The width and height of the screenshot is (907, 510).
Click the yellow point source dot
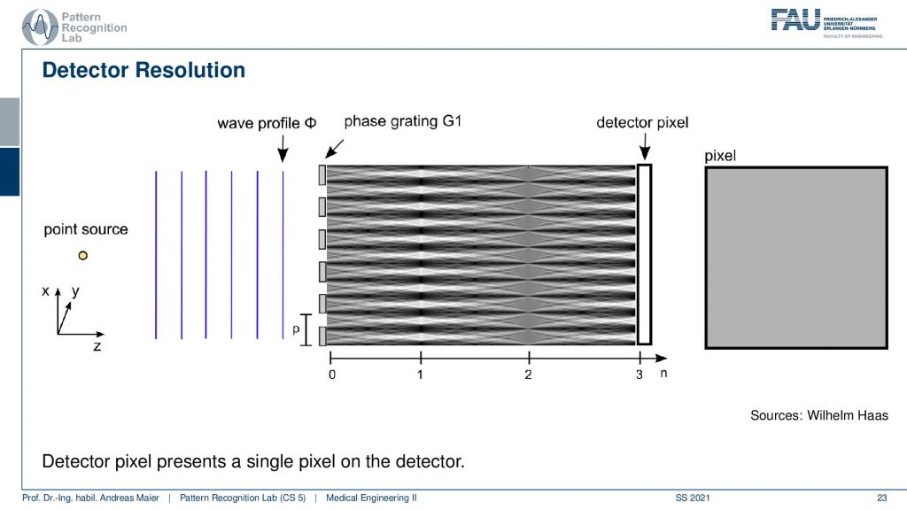(82, 255)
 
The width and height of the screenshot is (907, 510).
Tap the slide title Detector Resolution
(143, 70)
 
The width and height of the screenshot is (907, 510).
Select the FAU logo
(826, 23)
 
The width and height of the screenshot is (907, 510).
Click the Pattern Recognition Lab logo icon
(39, 27)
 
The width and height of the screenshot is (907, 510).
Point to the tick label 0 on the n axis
(332, 375)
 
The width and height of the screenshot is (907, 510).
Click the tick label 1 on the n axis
(420, 375)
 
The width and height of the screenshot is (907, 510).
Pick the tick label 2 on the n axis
(528, 375)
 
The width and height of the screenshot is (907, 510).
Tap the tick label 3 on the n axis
(640, 375)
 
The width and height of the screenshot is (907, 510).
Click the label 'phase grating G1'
(403, 121)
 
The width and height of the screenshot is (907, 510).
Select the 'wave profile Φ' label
(267, 123)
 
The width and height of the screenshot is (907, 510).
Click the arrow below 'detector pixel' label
(645, 146)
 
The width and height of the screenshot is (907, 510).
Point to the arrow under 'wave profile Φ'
(283, 149)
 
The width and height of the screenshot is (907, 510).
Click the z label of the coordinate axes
(97, 346)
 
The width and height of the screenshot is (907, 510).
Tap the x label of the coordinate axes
(46, 291)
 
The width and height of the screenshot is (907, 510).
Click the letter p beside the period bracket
(296, 329)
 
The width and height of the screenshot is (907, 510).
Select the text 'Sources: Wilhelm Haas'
(819, 415)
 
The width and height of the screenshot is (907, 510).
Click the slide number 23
(881, 498)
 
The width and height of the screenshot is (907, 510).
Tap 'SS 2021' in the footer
(693, 498)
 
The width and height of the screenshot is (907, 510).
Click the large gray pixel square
(796, 258)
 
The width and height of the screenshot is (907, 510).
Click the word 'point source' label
(86, 229)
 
